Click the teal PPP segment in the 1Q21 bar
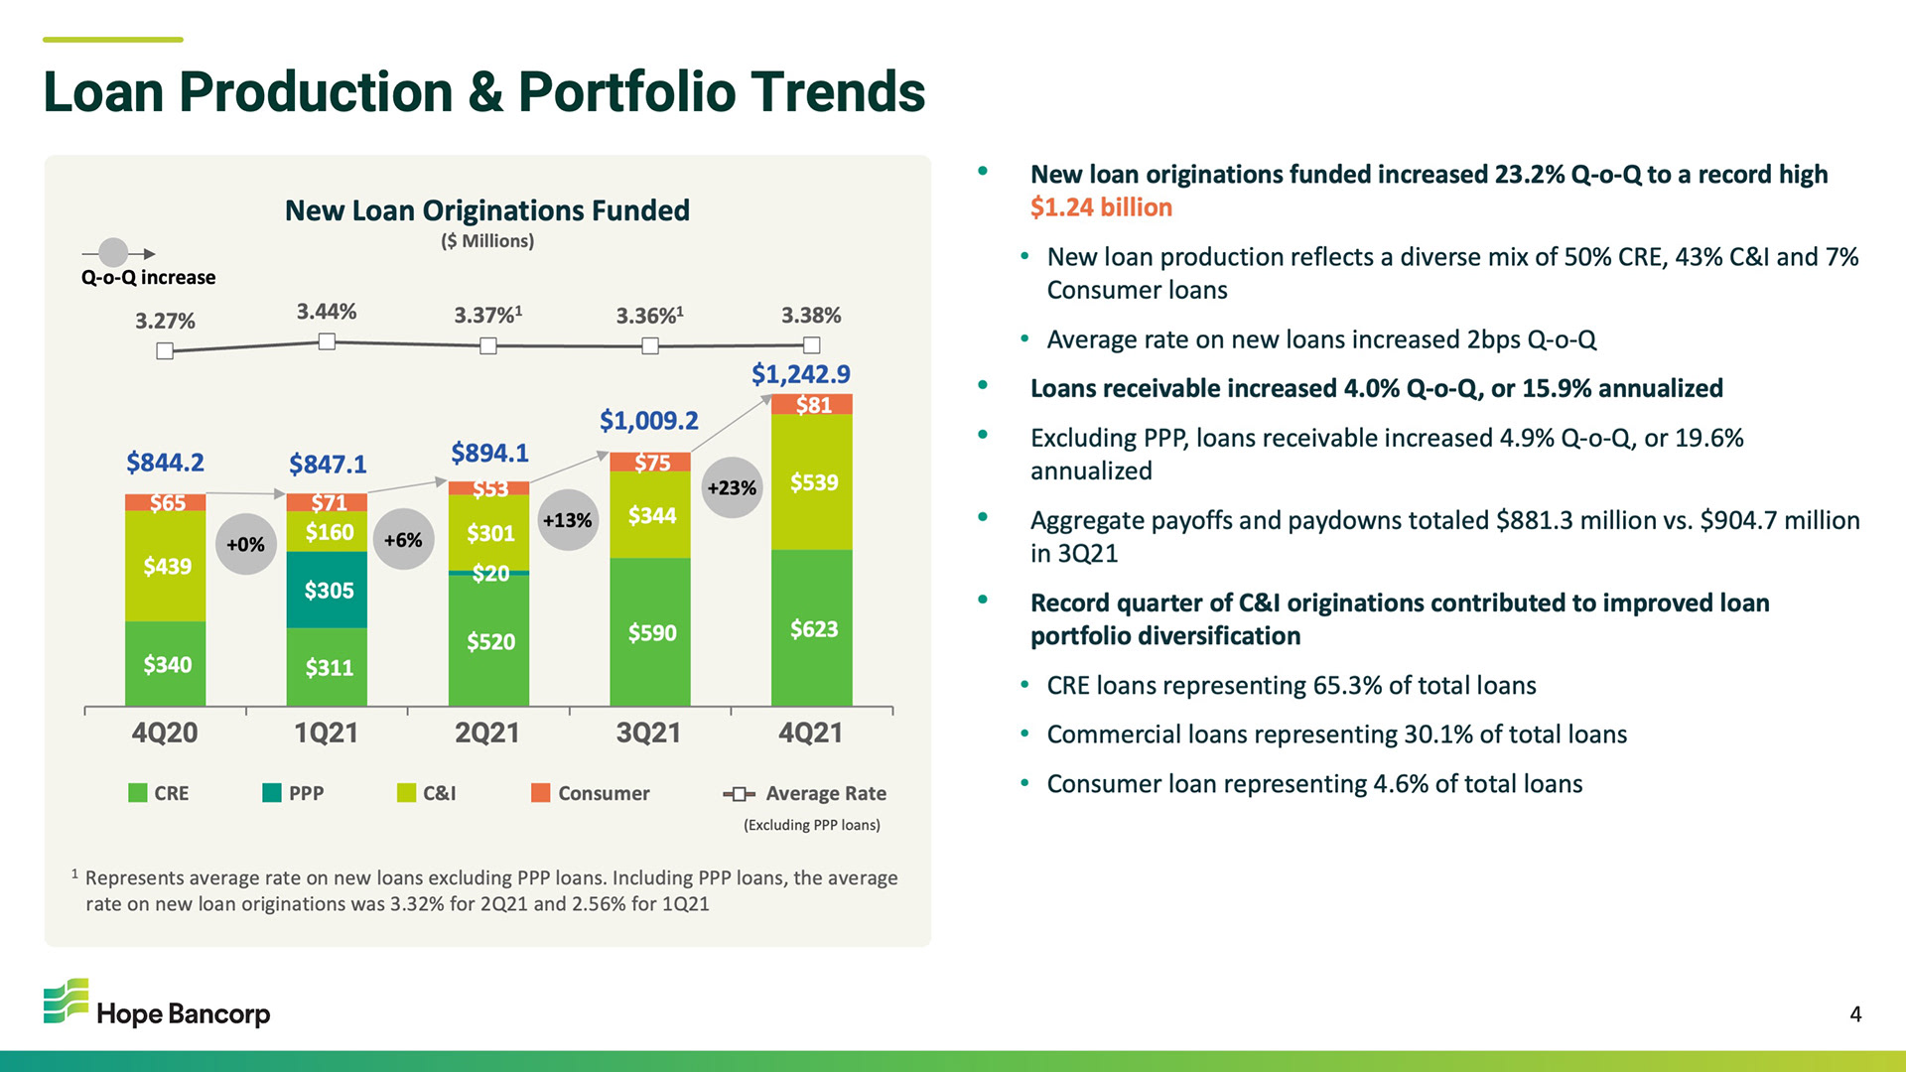327,590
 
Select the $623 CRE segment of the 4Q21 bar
811,628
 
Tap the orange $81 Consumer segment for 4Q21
812,404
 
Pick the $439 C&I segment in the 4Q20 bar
166,566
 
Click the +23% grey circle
732,487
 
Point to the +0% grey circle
245,544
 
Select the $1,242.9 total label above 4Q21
800,374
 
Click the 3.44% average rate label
327,312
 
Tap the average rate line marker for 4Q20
165,350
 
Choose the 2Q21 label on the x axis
487,733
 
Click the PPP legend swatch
272,792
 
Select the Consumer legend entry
591,793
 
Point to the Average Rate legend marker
739,793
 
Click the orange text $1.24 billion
1101,207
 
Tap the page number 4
1855,1013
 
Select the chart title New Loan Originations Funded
486,210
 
